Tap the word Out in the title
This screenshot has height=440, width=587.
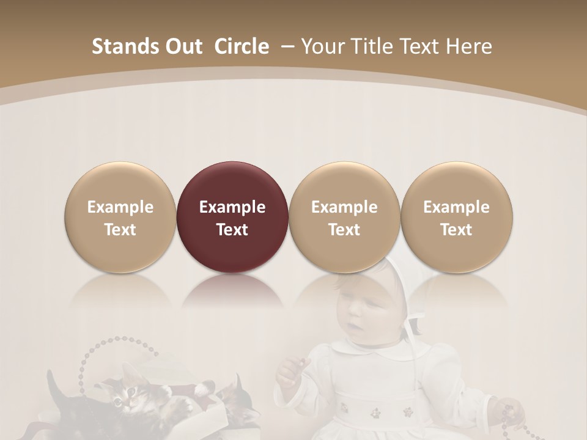click(182, 46)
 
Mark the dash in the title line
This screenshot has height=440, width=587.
click(287, 46)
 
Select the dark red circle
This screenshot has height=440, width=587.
click(232, 217)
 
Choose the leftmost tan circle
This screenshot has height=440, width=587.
click(120, 217)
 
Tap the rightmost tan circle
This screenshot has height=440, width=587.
click(457, 217)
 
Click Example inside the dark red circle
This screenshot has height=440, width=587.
click(232, 207)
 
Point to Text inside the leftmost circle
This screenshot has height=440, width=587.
click(120, 230)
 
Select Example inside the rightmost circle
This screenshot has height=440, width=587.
click(457, 207)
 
